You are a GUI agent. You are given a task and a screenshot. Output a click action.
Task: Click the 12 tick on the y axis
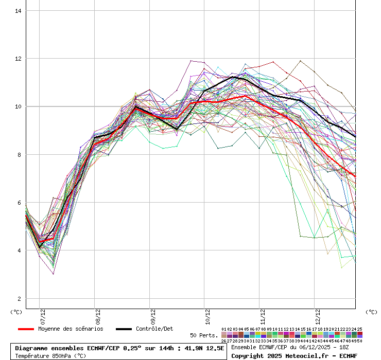18,59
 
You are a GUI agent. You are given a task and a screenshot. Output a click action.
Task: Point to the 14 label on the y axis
18,11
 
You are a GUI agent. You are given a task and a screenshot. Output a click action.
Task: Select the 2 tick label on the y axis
19,299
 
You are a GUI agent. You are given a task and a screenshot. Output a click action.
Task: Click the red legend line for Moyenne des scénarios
26,329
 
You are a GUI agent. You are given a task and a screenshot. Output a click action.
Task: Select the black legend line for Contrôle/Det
124,329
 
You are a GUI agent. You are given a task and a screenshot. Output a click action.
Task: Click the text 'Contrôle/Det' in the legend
154,329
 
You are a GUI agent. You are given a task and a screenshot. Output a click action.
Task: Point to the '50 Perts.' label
204,335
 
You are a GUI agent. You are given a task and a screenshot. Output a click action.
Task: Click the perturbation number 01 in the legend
224,329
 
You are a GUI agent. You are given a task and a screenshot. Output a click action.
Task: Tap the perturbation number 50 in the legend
359,340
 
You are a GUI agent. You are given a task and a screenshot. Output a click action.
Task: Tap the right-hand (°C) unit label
371,312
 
